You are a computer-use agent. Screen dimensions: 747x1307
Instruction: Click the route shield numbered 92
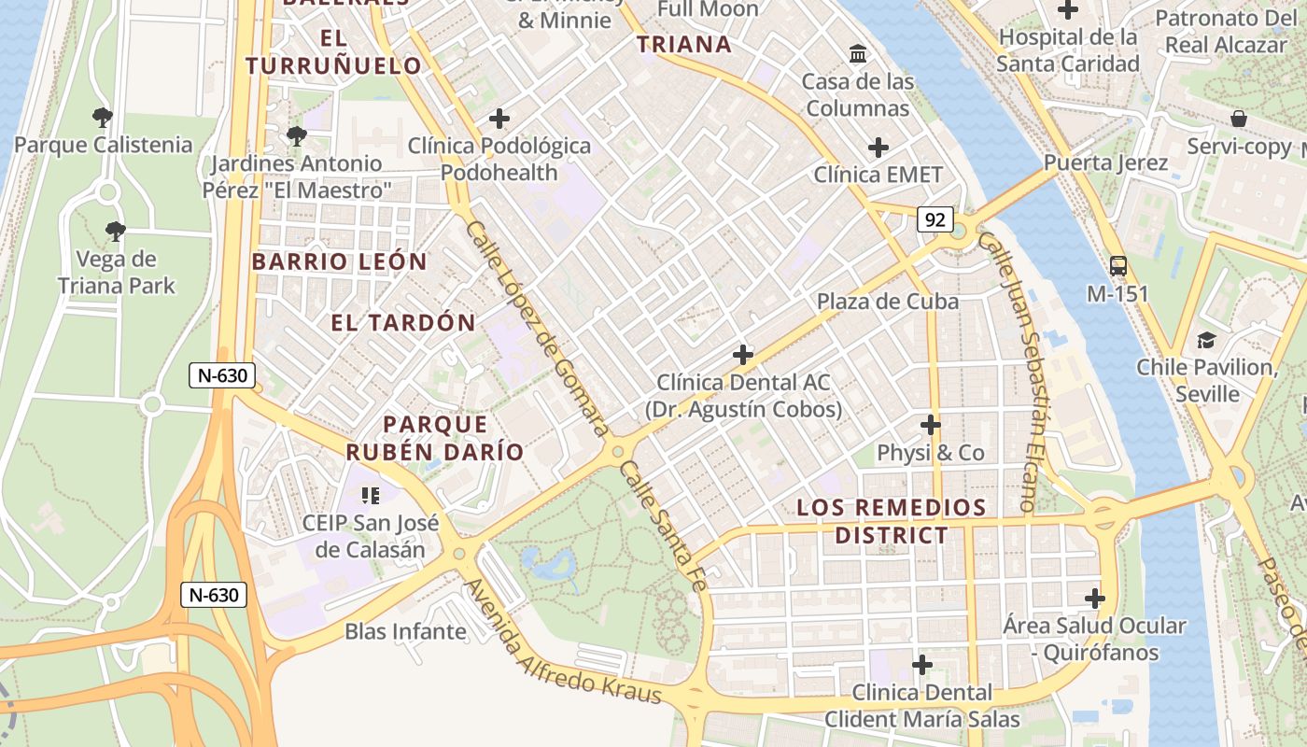(x=935, y=220)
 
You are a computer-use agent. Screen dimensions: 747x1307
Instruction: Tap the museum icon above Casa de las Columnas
(x=857, y=53)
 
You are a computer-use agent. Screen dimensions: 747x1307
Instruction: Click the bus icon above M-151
(x=1118, y=266)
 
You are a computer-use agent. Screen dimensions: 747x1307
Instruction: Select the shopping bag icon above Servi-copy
(x=1239, y=119)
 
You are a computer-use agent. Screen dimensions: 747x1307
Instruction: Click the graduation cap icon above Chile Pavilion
(x=1206, y=340)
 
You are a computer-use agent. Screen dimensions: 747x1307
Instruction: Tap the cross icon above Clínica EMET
(x=878, y=148)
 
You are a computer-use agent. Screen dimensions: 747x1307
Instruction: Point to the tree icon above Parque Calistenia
(x=103, y=118)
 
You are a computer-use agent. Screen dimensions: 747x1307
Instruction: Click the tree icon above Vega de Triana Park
(x=116, y=231)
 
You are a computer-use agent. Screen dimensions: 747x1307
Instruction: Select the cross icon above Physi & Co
(x=930, y=425)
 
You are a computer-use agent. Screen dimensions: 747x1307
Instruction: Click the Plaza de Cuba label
(x=888, y=301)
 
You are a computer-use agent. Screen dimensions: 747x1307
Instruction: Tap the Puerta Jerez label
(x=1105, y=162)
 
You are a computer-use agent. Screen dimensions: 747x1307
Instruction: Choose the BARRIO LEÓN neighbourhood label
(x=339, y=261)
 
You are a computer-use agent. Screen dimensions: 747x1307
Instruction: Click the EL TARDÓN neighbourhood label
(x=403, y=323)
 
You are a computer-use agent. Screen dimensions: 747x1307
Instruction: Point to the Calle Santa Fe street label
(x=661, y=527)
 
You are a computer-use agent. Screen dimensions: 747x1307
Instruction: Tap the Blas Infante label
(x=405, y=631)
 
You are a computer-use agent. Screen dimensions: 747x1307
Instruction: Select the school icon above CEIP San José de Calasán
(x=371, y=494)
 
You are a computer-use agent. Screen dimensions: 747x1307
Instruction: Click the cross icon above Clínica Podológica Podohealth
(x=499, y=119)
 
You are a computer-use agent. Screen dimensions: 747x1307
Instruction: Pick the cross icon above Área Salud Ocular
(x=1095, y=598)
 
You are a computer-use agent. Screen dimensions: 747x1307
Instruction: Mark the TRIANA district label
(x=683, y=44)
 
